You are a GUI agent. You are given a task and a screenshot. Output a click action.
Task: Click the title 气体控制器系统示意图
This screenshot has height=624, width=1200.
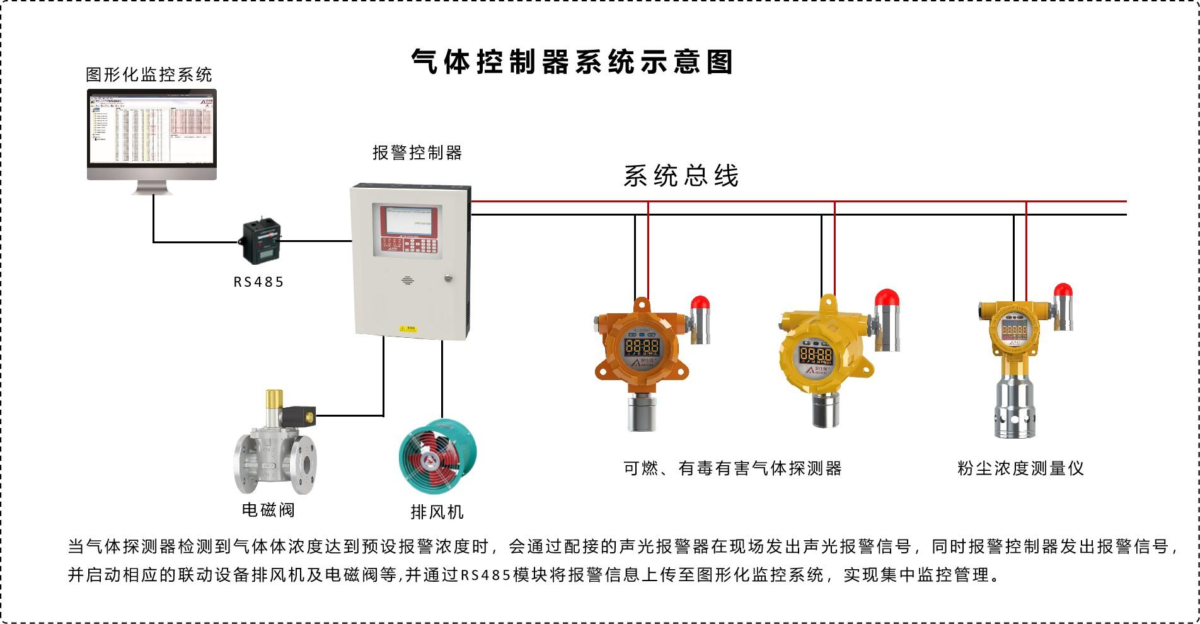pyautogui.click(x=572, y=62)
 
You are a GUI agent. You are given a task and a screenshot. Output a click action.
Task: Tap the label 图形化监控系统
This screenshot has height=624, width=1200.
pyautogui.click(x=149, y=75)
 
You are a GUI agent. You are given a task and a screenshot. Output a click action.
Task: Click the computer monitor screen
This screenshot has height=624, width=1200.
pyautogui.click(x=152, y=129)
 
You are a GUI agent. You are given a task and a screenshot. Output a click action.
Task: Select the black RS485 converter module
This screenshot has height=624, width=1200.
pyautogui.click(x=260, y=241)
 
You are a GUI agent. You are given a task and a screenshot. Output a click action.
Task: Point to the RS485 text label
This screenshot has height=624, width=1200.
pyautogui.click(x=259, y=282)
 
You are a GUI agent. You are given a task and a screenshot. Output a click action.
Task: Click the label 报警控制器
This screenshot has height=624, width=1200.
pyautogui.click(x=417, y=153)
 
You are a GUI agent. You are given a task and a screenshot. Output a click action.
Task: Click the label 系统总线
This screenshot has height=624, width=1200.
pyautogui.click(x=681, y=176)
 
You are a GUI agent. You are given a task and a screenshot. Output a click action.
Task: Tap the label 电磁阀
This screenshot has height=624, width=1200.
pyautogui.click(x=268, y=509)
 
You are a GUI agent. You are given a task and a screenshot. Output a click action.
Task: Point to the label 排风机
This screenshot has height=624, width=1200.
pyautogui.click(x=437, y=512)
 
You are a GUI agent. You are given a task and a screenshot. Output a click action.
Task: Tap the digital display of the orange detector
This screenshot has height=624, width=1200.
pyautogui.click(x=642, y=346)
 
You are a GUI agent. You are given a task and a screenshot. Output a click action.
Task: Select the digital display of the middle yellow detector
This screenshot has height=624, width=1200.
pyautogui.click(x=816, y=354)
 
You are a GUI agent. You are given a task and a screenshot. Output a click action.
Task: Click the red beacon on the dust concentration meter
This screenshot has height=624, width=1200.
pyautogui.click(x=1063, y=291)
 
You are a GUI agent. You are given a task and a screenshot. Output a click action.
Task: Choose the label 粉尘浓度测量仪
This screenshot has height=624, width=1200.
pyautogui.click(x=1020, y=468)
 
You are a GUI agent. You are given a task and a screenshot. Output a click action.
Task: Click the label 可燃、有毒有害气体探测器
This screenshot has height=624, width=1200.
pyautogui.click(x=732, y=468)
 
